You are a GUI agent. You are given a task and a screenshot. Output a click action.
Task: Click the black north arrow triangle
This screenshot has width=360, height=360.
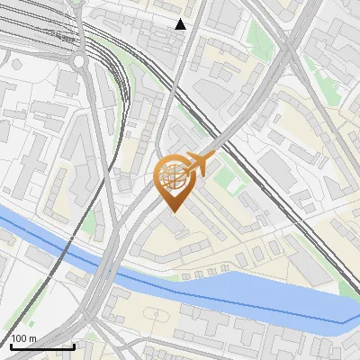(x=181, y=23)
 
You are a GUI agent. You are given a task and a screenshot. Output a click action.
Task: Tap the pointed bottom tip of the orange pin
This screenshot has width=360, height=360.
(x=172, y=211)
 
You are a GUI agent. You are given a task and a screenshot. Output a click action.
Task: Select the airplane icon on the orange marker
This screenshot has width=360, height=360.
(x=200, y=164)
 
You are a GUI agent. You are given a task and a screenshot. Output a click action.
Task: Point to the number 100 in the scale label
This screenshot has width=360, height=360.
(x=19, y=338)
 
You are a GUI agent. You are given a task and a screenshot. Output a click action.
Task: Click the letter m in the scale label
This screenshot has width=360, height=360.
(x=32, y=338)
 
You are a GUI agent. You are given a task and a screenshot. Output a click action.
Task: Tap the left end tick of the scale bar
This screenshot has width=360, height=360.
(x=11, y=346)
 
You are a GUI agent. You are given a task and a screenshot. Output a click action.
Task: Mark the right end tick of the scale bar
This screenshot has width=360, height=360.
(x=74, y=346)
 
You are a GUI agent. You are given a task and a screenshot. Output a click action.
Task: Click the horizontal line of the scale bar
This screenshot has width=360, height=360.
(x=42, y=347)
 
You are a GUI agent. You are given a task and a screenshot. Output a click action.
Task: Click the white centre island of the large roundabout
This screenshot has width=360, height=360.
(x=79, y=61)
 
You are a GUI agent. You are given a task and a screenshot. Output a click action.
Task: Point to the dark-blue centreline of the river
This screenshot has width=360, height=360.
(x=225, y=298)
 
